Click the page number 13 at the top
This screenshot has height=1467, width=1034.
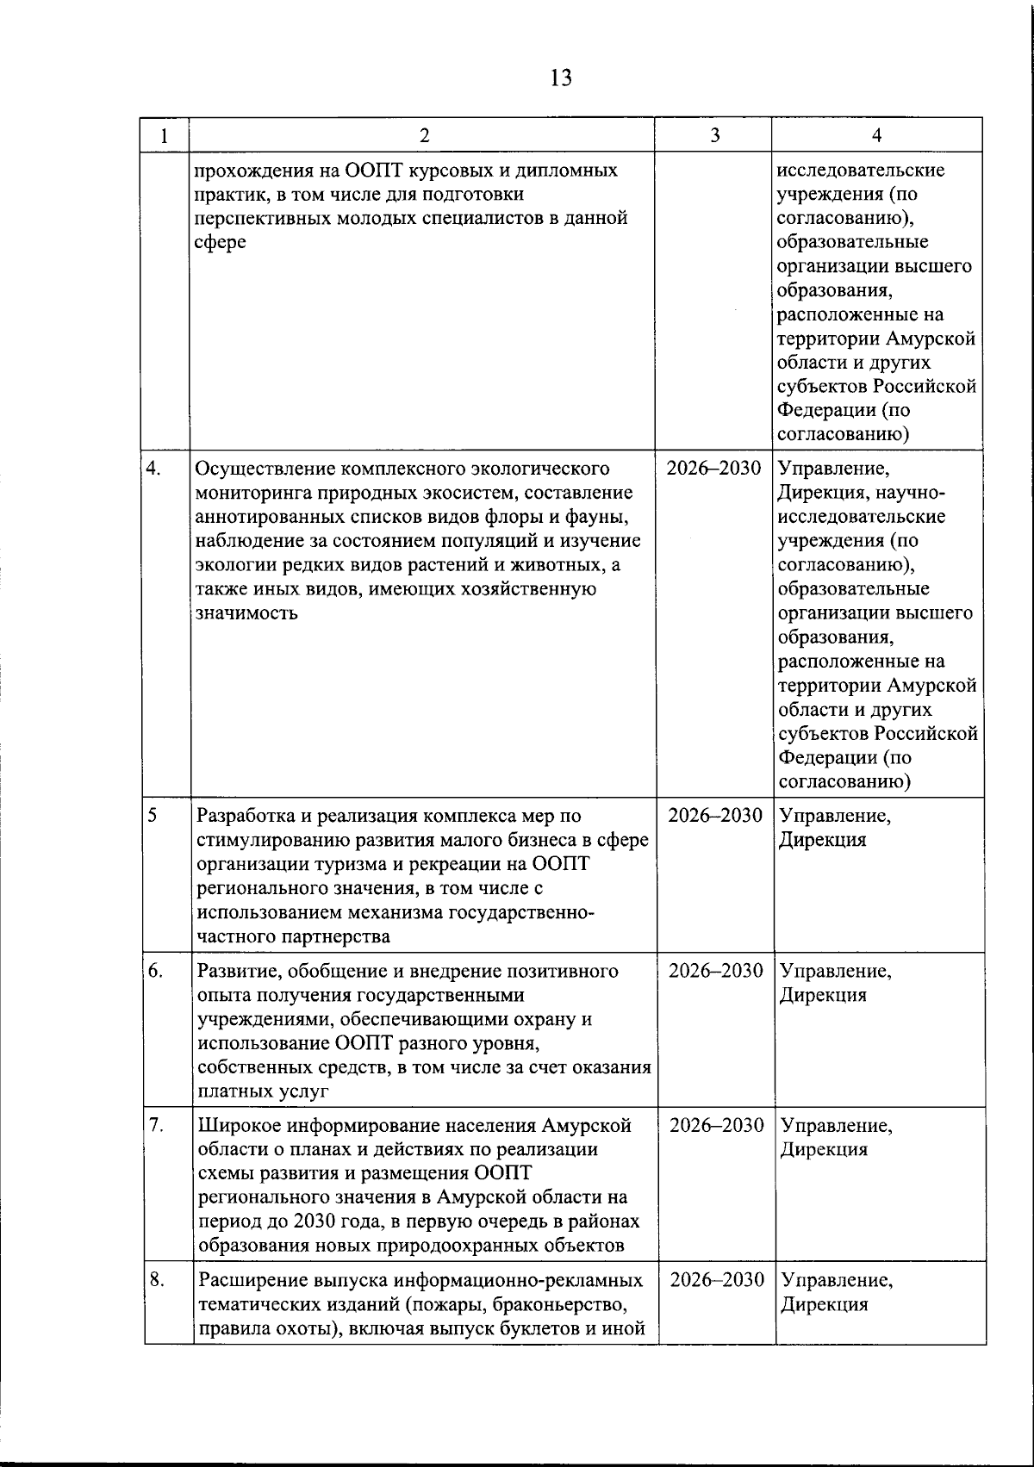click(559, 78)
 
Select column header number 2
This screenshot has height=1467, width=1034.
click(422, 135)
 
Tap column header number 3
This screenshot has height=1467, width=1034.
click(714, 135)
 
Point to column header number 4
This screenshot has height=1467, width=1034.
click(876, 135)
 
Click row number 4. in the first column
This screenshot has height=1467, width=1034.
click(154, 469)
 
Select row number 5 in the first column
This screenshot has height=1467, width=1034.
click(152, 815)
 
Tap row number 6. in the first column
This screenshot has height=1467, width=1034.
click(155, 970)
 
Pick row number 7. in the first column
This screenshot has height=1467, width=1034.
click(155, 1125)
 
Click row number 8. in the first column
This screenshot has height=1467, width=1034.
click(156, 1279)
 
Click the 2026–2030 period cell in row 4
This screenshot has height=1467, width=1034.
click(714, 469)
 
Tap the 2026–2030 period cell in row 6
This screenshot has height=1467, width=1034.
click(716, 971)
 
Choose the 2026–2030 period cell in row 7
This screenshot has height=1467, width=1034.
click(717, 1125)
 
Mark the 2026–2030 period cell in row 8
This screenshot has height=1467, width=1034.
click(717, 1279)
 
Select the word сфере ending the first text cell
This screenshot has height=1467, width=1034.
click(221, 242)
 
